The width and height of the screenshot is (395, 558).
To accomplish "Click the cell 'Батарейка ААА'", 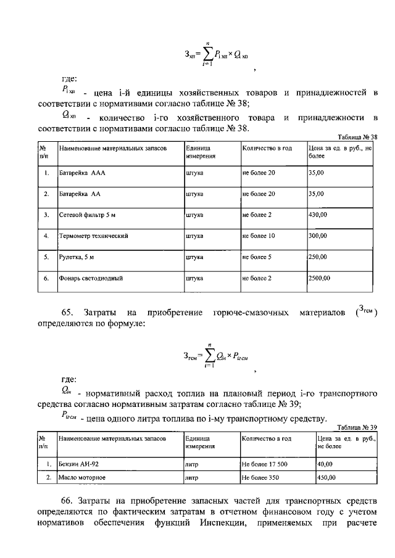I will point(82,173).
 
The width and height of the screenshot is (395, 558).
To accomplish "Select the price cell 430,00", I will point(318,215).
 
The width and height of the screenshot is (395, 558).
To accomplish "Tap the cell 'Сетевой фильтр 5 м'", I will point(87,215).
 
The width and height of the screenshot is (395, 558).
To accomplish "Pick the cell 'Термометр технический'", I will point(93,236).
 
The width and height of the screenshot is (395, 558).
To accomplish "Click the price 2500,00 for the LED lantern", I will point(320,278).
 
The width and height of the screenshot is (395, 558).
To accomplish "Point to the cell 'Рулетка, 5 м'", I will point(78,257).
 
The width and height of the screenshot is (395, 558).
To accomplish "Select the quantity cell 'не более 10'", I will point(259,236).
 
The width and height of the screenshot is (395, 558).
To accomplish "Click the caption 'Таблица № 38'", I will point(358,137).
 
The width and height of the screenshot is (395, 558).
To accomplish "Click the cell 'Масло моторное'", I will point(82,478).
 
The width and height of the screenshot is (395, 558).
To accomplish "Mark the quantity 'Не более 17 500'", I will point(266,464).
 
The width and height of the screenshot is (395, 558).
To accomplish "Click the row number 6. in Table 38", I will point(46,278).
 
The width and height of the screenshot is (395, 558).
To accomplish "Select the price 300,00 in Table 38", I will point(318,236).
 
